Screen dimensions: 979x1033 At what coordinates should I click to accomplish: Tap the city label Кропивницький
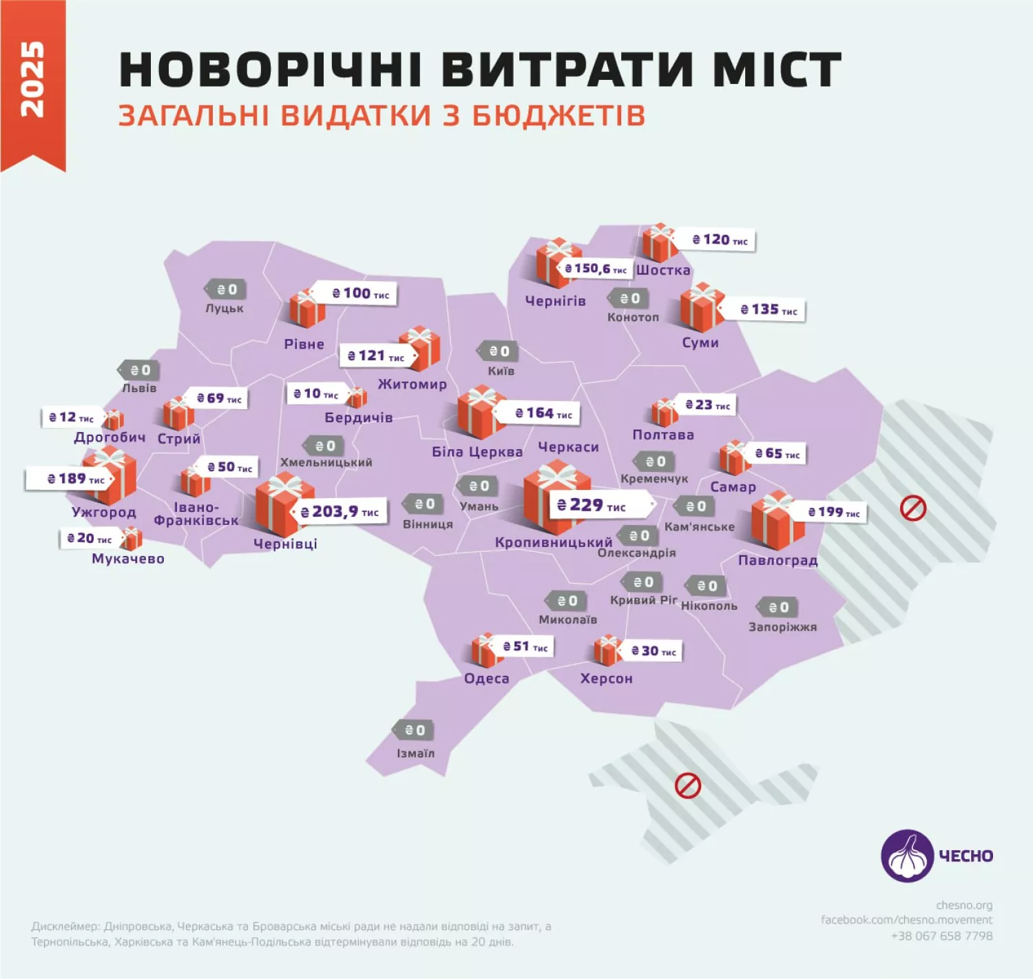coord(554,542)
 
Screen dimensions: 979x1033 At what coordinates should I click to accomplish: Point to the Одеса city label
coord(487,679)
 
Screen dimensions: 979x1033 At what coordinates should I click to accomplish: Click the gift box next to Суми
coord(701,307)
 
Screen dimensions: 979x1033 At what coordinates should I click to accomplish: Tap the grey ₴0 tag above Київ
coord(499,351)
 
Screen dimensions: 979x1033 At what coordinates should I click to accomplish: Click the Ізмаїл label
coord(416,753)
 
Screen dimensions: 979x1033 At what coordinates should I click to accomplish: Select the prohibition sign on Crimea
coord(687,785)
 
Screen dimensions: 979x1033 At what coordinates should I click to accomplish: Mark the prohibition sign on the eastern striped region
coord(913,509)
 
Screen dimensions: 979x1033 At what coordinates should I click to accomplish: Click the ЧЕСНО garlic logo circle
coord(908,856)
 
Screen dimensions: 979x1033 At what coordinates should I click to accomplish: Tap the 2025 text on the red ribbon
coord(32,79)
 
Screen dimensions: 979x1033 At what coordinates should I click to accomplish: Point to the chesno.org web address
coord(963,905)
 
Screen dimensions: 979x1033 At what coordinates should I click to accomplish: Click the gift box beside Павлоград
coord(777,520)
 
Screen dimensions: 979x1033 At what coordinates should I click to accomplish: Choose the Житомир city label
coord(412,384)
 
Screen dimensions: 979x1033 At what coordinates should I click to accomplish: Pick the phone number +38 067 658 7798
coord(941,936)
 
